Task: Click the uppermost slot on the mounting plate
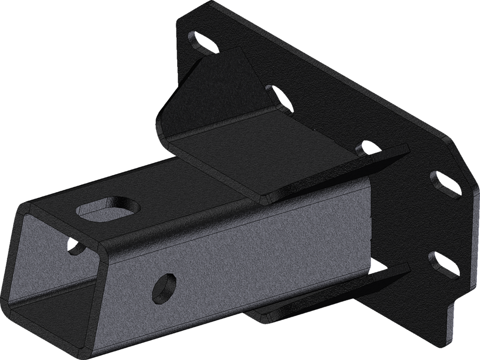pos(202,42)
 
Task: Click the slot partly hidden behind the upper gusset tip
pos(366,149)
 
